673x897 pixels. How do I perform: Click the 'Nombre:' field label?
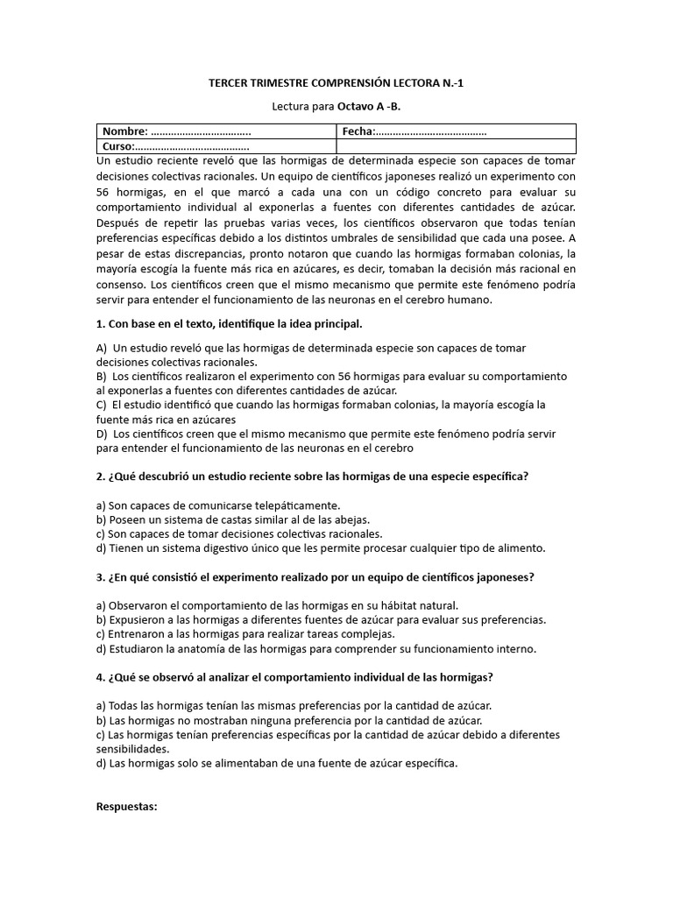click(125, 131)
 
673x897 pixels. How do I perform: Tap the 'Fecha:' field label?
click(358, 131)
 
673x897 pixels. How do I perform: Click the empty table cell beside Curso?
click(456, 146)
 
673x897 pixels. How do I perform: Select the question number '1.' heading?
click(101, 323)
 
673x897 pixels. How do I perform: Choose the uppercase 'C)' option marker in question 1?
click(102, 405)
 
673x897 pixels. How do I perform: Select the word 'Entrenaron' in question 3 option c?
click(138, 634)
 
